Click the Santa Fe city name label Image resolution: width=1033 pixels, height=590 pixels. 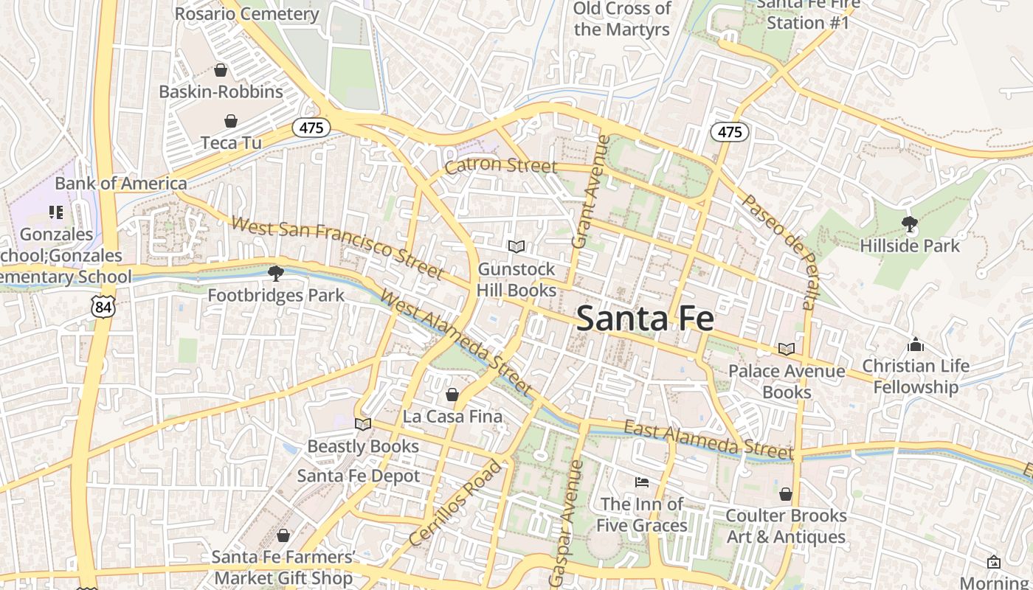pyautogui.click(x=645, y=319)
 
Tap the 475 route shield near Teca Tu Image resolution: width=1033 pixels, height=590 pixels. pyautogui.click(x=311, y=128)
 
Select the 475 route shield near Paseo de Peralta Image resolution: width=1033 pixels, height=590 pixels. pyautogui.click(x=730, y=132)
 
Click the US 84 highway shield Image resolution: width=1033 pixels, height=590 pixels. pyautogui.click(x=103, y=307)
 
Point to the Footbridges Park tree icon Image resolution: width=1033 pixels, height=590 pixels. pyautogui.click(x=276, y=274)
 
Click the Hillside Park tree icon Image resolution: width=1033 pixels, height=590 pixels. pyautogui.click(x=910, y=223)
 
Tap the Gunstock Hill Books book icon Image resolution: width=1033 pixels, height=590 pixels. pyautogui.click(x=516, y=247)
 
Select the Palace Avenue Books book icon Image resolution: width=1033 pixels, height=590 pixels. pyautogui.click(x=787, y=349)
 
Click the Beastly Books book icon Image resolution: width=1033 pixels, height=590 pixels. pyautogui.click(x=362, y=424)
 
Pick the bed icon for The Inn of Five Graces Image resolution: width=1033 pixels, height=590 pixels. pyautogui.click(x=642, y=482)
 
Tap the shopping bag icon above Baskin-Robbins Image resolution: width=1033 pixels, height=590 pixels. pyautogui.click(x=220, y=70)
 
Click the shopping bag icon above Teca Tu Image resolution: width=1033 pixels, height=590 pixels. pyautogui.click(x=231, y=120)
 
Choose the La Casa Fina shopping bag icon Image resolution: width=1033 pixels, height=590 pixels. pyautogui.click(x=452, y=395)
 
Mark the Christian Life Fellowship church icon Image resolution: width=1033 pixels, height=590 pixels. pyautogui.click(x=916, y=344)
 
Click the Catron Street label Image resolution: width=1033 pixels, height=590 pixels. pyautogui.click(x=500, y=165)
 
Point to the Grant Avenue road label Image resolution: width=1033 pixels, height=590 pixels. pyautogui.click(x=592, y=191)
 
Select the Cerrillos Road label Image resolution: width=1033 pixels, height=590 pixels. pyautogui.click(x=455, y=503)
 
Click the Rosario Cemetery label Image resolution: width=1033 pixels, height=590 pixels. pyautogui.click(x=247, y=13)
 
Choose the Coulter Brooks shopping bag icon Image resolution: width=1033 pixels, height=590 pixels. pyautogui.click(x=786, y=493)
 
